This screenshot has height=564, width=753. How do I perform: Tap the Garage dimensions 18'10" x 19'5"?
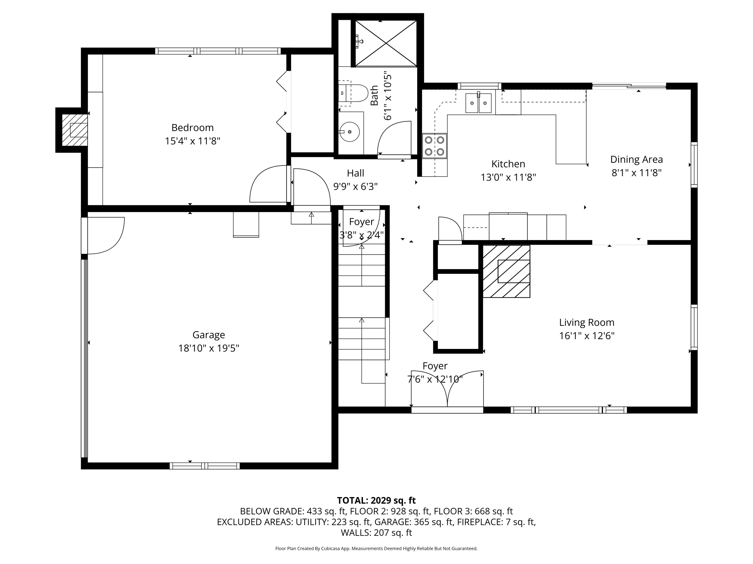click(x=209, y=348)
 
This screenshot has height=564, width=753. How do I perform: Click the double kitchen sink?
click(x=478, y=103)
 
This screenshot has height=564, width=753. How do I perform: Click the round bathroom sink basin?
click(x=350, y=132)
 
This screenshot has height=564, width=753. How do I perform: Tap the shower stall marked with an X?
click(x=386, y=43)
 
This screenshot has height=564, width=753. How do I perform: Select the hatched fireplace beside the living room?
click(x=506, y=271)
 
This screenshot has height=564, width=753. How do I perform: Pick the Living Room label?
click(x=587, y=322)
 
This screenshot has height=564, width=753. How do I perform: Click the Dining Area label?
click(x=636, y=159)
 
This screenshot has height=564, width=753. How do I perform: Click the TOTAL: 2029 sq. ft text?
click(x=376, y=500)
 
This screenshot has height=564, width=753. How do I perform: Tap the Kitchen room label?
click(x=508, y=164)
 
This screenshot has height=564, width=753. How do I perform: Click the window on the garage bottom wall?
click(x=205, y=466)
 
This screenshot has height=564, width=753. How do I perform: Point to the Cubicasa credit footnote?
click(x=376, y=548)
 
